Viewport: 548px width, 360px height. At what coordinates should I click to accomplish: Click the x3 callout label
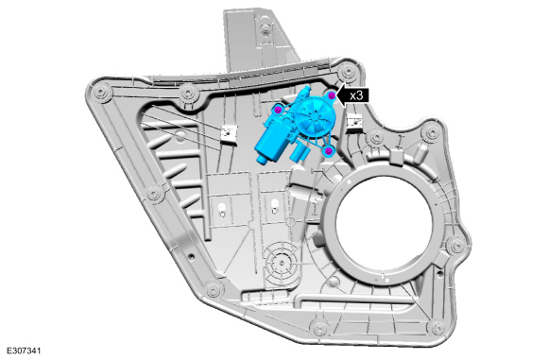(356, 95)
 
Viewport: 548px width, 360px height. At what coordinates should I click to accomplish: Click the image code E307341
(24, 351)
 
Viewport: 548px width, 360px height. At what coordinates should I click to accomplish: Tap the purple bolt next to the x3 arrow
(332, 95)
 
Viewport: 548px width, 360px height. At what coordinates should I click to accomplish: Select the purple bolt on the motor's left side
(278, 110)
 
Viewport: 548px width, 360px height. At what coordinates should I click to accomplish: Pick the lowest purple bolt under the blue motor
(329, 151)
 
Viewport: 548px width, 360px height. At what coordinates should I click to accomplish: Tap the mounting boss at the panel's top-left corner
(101, 93)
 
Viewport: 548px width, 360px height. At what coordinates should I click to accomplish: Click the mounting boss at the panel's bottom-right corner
(437, 327)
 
